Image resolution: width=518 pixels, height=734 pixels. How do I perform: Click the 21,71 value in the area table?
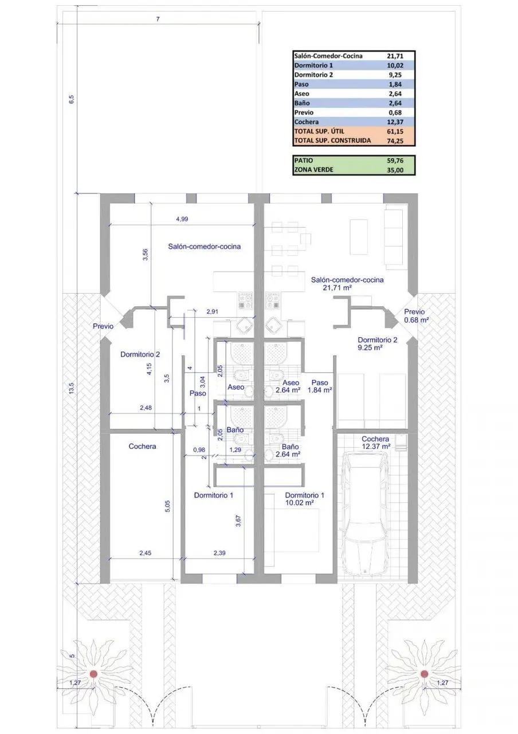[x=395, y=56]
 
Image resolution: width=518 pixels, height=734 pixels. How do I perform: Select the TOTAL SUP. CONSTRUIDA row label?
[x=332, y=140]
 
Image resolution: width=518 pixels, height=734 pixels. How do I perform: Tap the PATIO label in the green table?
[x=304, y=161]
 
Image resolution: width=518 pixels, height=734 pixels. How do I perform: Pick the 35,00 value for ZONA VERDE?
[x=395, y=170]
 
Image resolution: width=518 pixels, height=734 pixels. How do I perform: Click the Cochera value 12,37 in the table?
[x=395, y=122]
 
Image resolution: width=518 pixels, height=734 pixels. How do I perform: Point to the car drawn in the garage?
[x=364, y=513]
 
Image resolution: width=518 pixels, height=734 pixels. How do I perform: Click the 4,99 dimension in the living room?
[x=182, y=219]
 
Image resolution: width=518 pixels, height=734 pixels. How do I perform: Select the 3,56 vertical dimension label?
[x=146, y=255]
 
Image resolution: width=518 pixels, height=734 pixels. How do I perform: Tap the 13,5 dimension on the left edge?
[x=72, y=389]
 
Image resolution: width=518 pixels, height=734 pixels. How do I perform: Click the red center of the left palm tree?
[x=93, y=674]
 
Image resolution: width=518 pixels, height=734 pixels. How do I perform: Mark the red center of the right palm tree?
[x=425, y=674]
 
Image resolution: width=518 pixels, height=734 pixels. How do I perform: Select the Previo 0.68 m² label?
[x=416, y=316]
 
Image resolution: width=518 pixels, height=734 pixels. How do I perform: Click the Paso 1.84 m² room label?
[x=320, y=386]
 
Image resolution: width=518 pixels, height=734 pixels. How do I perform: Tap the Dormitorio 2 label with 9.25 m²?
[x=377, y=343]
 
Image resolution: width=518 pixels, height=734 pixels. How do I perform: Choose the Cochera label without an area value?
[x=142, y=446]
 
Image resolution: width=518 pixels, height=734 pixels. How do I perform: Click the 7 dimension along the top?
[x=158, y=19]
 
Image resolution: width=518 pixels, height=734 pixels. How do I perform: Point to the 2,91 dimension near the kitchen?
[x=212, y=311]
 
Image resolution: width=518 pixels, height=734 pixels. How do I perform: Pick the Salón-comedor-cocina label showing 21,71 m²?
[x=347, y=284]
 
